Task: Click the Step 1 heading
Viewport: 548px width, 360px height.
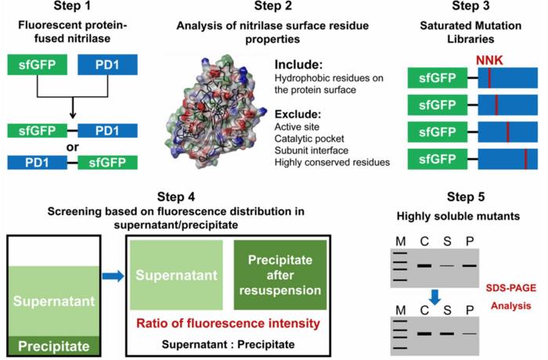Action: (x=72, y=5)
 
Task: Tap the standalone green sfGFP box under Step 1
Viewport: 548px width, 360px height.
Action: (x=38, y=65)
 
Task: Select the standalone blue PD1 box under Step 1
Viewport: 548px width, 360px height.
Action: (x=107, y=65)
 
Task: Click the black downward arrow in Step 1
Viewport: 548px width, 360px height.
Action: (x=72, y=108)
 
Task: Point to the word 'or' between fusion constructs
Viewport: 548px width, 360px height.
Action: (x=72, y=147)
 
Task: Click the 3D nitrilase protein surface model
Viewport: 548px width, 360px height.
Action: (x=213, y=112)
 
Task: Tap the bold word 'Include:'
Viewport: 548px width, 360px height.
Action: (x=298, y=65)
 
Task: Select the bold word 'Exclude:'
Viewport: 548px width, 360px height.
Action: (x=297, y=114)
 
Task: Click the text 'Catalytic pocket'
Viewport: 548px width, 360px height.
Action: (x=309, y=139)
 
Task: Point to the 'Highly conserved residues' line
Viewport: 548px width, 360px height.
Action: (x=332, y=162)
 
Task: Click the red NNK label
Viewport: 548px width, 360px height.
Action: (x=489, y=60)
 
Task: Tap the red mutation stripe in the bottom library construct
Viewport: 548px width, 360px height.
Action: (x=525, y=159)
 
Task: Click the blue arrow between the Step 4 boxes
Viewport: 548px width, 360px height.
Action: (x=114, y=276)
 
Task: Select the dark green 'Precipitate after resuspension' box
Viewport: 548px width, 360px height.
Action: (x=280, y=275)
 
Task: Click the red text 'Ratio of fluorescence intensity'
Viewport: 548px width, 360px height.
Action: (x=228, y=323)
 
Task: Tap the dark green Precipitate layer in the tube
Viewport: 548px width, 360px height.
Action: (x=54, y=346)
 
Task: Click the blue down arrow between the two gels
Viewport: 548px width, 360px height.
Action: (x=434, y=297)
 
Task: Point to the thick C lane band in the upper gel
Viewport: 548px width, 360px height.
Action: (x=424, y=266)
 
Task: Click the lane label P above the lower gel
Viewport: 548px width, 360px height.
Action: (x=470, y=310)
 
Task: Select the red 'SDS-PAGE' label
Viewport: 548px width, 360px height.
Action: (x=510, y=288)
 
